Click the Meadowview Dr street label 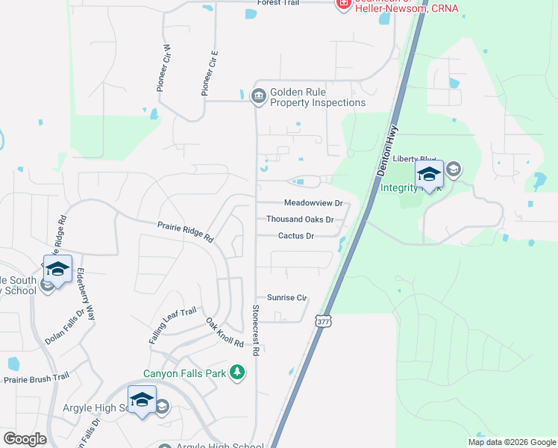(313, 203)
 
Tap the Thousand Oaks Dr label (300, 220)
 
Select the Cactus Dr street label (296, 236)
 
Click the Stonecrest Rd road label (256, 329)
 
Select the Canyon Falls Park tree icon (237, 371)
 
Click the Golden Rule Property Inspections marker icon (259, 96)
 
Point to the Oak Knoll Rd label (225, 332)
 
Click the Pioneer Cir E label (209, 73)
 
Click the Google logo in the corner (25, 439)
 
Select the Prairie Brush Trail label (36, 379)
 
